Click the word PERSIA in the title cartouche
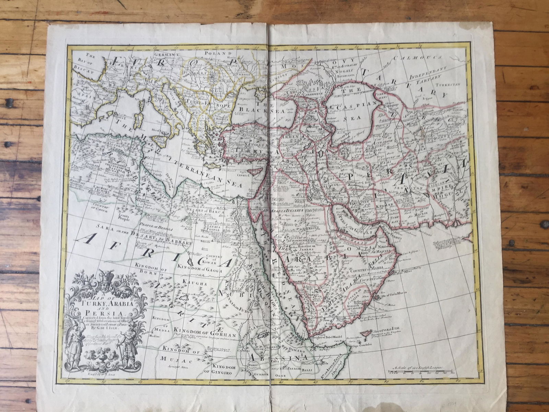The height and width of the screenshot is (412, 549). pos(107,313)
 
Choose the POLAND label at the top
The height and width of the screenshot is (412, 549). pos(215,54)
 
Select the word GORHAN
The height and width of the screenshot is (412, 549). pos(221,327)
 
